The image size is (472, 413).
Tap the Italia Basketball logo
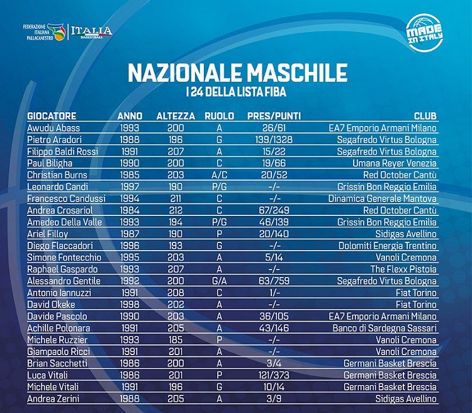point(91,31)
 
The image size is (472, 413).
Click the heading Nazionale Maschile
point(238,72)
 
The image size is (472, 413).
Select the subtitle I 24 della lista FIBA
point(237,93)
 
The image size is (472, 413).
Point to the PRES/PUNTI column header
point(274,116)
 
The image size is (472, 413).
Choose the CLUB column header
point(425,116)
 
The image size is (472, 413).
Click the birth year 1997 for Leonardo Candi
point(130,186)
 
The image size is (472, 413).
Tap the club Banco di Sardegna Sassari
point(385,328)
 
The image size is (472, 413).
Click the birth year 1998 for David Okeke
point(130,304)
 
